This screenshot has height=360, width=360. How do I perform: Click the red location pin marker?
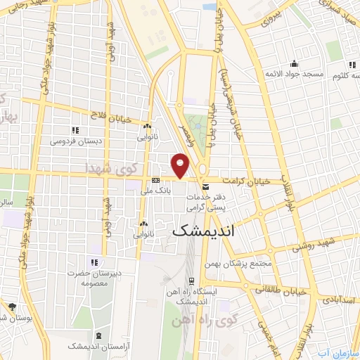(x=181, y=165)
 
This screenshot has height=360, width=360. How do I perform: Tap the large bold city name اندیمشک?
(x=203, y=231)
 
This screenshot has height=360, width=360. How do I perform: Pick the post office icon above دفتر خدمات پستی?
(x=205, y=188)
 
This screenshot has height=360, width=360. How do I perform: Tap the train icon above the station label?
(x=191, y=283)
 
